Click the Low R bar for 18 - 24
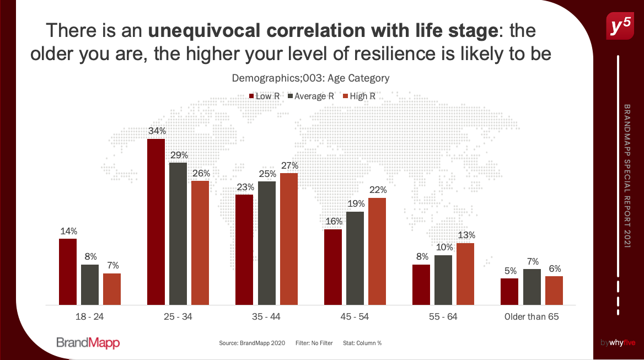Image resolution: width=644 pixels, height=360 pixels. click(68, 271)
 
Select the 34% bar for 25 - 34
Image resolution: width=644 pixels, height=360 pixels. click(156, 222)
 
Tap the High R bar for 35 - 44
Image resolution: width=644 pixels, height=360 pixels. click(289, 239)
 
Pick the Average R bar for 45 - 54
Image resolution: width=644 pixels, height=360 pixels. click(355, 258)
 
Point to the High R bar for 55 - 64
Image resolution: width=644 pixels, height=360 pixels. click(465, 273)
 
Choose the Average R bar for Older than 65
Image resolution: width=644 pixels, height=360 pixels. click(532, 287)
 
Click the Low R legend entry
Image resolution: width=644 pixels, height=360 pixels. click(264, 96)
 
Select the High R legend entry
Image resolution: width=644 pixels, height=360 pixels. click(358, 96)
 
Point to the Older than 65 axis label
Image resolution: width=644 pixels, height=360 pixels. click(532, 318)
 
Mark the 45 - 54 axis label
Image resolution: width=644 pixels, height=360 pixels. click(355, 318)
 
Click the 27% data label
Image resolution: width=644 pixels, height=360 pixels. click(289, 165)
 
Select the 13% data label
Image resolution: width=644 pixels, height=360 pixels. click(466, 235)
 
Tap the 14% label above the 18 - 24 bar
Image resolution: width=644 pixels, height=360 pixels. click(68, 231)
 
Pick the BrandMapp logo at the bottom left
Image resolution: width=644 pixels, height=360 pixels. click(88, 343)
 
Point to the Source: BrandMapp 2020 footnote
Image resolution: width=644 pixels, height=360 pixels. click(252, 343)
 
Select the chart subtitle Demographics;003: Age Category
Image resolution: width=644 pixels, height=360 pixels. click(310, 78)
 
